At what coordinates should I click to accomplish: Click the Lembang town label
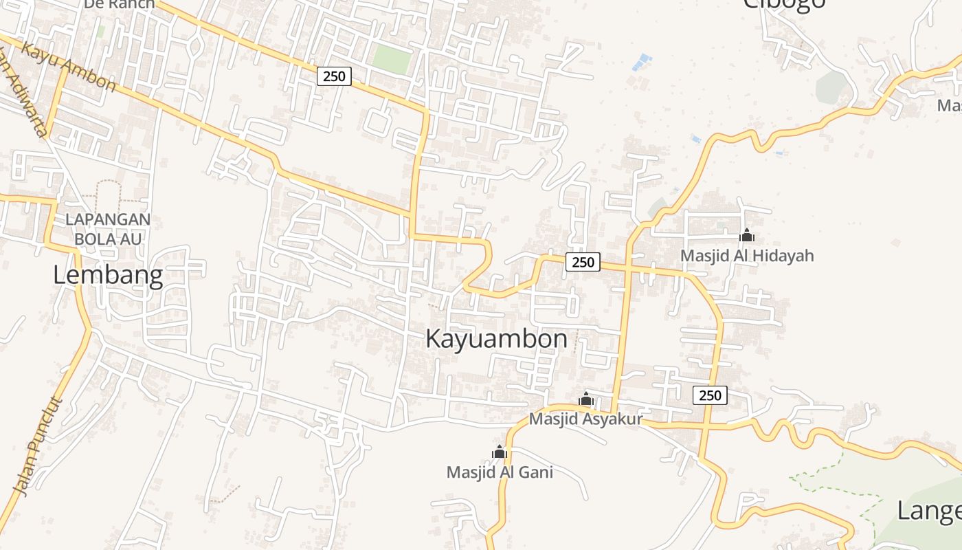(x=108, y=276)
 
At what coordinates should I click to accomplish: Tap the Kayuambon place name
(x=496, y=339)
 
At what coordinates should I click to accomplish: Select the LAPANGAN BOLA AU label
(x=108, y=229)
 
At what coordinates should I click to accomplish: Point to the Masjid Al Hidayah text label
(x=747, y=256)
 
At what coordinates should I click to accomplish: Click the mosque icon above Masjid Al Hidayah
(x=747, y=236)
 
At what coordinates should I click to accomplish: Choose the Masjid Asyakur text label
(x=585, y=419)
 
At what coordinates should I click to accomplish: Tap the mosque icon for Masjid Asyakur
(x=585, y=399)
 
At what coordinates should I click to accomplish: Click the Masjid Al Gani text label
(x=500, y=472)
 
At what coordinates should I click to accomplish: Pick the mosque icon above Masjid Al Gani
(x=500, y=452)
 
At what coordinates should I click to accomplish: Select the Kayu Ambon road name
(x=69, y=67)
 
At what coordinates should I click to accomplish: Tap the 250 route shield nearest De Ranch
(x=334, y=76)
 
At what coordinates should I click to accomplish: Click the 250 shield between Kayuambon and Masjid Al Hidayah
(x=583, y=262)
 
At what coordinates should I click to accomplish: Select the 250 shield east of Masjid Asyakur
(x=710, y=395)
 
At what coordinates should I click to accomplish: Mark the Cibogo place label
(x=783, y=4)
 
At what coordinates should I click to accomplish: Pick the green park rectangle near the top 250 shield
(x=392, y=60)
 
